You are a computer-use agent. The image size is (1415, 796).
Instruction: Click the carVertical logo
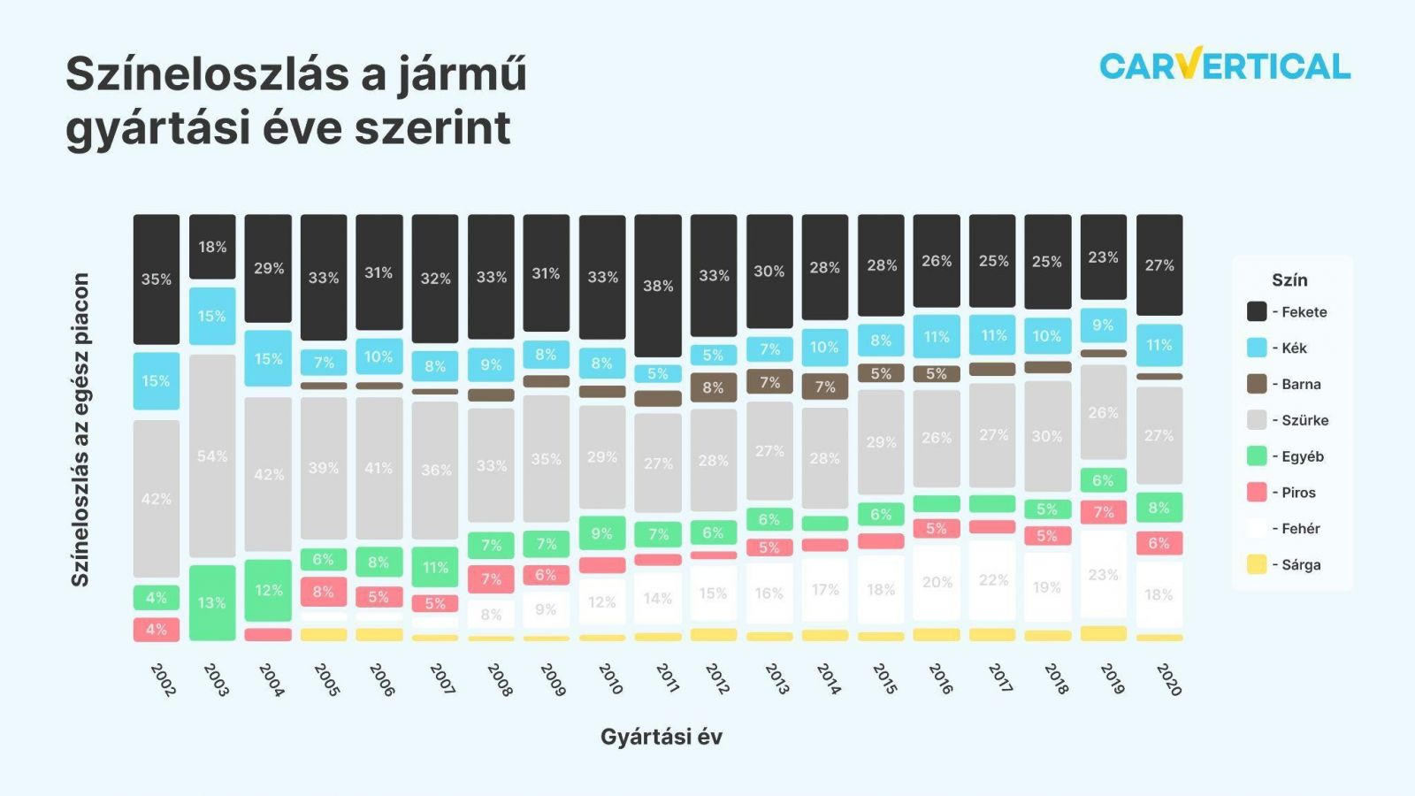click(1225, 65)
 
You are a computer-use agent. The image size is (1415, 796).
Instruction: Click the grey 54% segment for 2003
click(212, 455)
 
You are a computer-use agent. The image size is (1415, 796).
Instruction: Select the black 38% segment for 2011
click(658, 285)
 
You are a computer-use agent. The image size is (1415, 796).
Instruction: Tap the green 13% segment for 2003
click(212, 602)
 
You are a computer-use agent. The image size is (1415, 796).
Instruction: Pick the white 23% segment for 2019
click(1104, 574)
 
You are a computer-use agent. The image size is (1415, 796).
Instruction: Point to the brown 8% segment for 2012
click(714, 387)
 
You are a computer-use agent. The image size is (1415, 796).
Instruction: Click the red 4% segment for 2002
click(157, 629)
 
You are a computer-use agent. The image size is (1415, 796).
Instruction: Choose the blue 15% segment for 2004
click(268, 358)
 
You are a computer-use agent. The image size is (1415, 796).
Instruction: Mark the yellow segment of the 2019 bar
click(1104, 633)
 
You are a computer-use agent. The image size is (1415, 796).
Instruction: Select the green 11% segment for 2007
click(435, 567)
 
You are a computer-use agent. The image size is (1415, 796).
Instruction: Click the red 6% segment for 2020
click(1159, 543)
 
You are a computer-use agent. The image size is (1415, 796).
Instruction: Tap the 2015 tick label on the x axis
click(884, 678)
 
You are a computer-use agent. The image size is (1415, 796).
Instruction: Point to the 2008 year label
click(500, 679)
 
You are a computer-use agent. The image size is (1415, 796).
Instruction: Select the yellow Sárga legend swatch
click(1257, 564)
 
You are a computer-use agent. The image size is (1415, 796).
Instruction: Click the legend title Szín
click(1289, 279)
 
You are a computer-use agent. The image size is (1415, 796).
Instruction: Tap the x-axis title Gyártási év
click(662, 736)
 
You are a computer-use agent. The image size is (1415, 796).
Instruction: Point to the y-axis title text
click(80, 429)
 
